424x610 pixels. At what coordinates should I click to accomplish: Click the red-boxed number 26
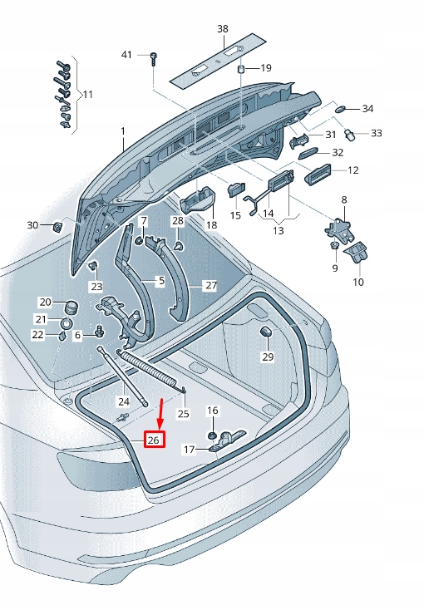click(154, 440)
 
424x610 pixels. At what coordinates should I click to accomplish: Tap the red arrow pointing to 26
click(160, 414)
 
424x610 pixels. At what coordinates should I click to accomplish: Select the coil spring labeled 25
click(153, 370)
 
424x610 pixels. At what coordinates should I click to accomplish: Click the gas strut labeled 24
click(123, 376)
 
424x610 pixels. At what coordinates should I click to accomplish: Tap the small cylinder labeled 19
click(241, 69)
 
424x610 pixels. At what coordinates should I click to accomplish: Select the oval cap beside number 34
click(340, 108)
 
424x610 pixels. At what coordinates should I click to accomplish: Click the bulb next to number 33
click(350, 135)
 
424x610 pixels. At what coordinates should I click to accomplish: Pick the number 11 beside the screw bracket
click(88, 95)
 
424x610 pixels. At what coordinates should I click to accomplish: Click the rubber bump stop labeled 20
click(71, 307)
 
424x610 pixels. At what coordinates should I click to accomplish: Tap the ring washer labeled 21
click(67, 322)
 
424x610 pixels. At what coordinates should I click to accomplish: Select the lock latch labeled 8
click(338, 231)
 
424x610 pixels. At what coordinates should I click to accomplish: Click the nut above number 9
click(333, 245)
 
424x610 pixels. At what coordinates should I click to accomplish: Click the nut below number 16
click(211, 435)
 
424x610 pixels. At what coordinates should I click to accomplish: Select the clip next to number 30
click(58, 226)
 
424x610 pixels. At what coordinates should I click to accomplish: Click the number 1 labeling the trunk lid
click(123, 131)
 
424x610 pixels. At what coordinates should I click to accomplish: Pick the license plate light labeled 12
click(318, 175)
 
